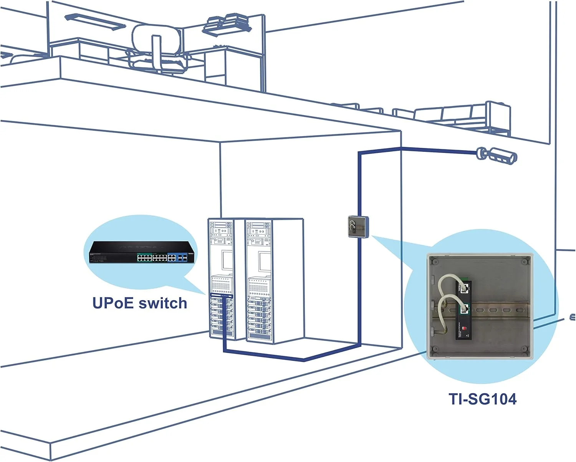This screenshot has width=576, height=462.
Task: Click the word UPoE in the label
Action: pos(113,303)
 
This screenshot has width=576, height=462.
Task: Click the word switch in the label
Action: pos(163,303)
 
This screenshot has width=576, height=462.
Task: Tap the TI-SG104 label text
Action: pos(483,399)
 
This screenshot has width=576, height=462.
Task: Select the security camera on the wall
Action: pos(497,154)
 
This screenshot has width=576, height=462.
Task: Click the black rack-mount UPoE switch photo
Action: pos(141,252)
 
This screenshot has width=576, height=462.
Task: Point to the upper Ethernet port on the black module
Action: pos(467,286)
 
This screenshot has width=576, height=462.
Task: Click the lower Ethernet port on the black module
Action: pos(465,308)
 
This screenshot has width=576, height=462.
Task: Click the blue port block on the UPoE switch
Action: pos(179,257)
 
